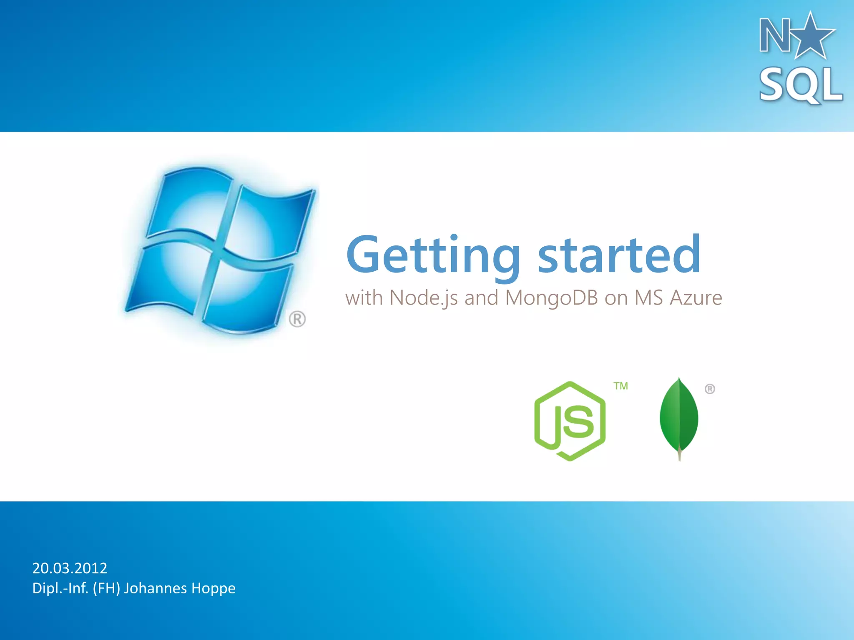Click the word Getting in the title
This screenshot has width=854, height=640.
click(x=433, y=255)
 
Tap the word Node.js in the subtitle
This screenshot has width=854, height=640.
click(x=423, y=298)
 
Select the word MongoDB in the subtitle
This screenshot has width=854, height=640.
click(x=551, y=298)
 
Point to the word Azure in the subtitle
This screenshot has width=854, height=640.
click(x=696, y=298)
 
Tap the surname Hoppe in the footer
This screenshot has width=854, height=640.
click(x=213, y=588)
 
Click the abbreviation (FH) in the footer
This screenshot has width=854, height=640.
click(x=106, y=588)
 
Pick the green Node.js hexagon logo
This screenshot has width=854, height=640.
click(x=570, y=421)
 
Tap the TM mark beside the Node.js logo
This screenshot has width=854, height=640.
click(x=620, y=386)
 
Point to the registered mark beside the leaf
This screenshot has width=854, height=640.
click(x=710, y=389)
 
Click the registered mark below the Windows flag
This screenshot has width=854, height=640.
click(x=297, y=319)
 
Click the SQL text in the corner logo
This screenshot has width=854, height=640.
click(x=801, y=85)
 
